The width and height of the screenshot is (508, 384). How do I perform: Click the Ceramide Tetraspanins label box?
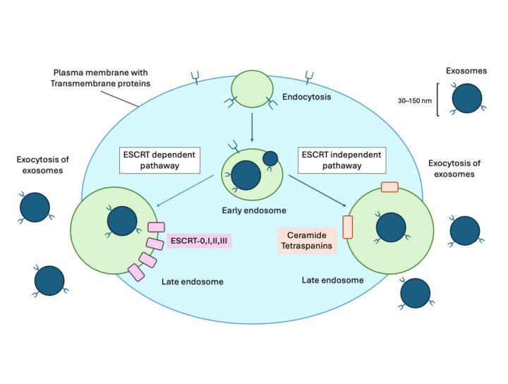coord(307,241)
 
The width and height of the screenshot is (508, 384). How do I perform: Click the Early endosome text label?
coord(252,210)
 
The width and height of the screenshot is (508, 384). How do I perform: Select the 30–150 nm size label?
coord(414,100)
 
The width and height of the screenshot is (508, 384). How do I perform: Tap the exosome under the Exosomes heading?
coord(466,100)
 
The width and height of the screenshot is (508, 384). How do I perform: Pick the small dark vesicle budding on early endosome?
coord(270,160)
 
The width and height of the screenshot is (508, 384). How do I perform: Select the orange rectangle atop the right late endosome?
coord(389,187)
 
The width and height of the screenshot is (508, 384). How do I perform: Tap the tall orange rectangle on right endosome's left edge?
coord(347,227)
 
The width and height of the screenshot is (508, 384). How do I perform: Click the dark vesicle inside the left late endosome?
coord(122,221)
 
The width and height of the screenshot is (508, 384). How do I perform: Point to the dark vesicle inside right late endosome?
coord(391,228)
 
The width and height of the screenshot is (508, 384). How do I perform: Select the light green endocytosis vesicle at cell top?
coord(252,89)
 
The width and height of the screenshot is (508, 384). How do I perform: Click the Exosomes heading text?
coord(466,71)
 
